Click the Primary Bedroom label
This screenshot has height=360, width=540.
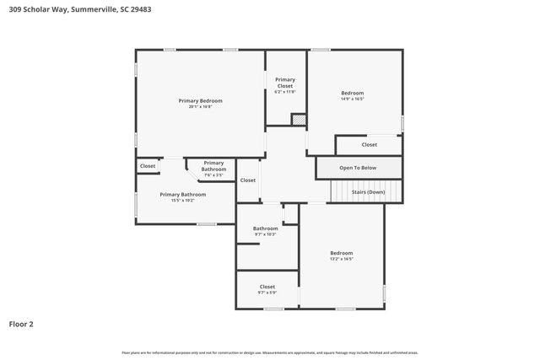[x=199, y=100]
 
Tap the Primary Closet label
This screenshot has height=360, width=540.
[x=285, y=83]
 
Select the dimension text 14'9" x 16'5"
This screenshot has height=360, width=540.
[x=352, y=99]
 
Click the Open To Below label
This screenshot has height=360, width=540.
[x=358, y=168]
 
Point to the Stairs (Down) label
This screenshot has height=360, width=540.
[x=368, y=192]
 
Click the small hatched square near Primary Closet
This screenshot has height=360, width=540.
[x=298, y=120]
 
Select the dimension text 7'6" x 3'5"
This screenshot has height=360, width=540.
[x=213, y=175]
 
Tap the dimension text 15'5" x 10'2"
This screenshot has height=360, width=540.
[x=182, y=201]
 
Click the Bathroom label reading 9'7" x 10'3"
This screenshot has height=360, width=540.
[x=265, y=228]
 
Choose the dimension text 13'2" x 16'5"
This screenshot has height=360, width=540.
[x=341, y=259]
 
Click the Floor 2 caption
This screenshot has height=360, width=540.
[x=21, y=323]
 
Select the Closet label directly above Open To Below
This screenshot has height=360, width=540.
[x=369, y=145]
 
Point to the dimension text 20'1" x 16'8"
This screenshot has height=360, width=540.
[x=200, y=106]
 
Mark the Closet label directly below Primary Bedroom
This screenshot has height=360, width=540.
[x=148, y=166]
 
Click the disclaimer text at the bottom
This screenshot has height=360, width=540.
[x=269, y=352]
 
